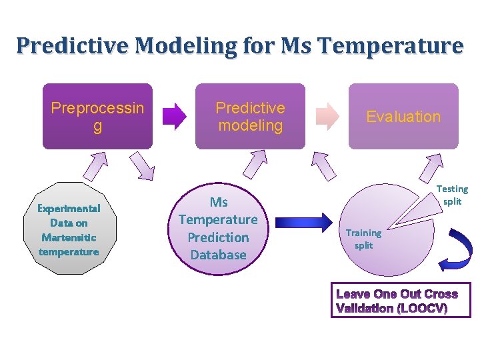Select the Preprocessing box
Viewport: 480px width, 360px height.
97,116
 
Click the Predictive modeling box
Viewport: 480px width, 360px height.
250,116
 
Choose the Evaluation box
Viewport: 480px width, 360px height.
403,116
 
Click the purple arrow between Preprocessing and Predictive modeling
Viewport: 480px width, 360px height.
175,115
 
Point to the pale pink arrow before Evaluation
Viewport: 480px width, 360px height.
327,115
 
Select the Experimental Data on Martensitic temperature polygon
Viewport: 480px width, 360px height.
69,229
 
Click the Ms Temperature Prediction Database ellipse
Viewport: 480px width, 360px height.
218,228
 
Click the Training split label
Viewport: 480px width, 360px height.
363,239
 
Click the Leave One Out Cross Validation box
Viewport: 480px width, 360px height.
400,301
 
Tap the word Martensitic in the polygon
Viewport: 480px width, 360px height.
69,237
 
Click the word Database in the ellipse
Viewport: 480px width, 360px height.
218,255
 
